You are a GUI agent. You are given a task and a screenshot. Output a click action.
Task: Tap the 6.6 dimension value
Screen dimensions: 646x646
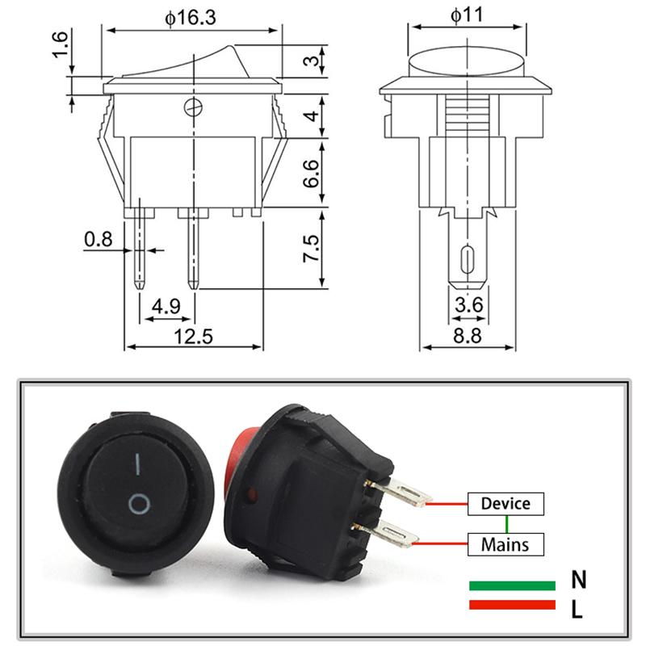310,173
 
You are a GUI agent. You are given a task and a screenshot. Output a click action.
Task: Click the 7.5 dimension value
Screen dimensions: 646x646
310,248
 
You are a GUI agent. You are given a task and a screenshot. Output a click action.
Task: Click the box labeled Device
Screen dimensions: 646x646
505,504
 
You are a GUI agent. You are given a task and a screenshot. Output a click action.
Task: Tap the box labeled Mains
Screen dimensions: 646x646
505,543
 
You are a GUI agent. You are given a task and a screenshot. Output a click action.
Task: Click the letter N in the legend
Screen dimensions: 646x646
578,579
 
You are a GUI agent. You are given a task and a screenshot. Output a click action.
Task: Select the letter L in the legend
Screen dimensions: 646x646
577,608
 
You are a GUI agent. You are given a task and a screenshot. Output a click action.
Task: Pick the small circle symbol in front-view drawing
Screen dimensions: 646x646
191,107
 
